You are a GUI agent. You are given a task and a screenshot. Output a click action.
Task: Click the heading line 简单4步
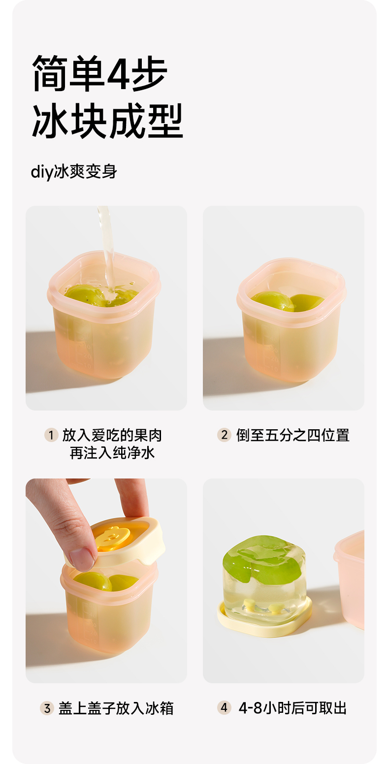(99, 73)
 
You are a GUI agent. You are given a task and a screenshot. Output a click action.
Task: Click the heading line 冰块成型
(107, 121)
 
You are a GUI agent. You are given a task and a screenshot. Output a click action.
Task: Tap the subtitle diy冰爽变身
(74, 172)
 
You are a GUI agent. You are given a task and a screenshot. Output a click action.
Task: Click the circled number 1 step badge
(51, 435)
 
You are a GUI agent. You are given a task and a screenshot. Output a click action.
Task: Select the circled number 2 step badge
(224, 435)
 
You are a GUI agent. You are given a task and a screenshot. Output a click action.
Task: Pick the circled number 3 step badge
(47, 708)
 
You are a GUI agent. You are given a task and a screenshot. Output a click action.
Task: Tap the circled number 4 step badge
(224, 708)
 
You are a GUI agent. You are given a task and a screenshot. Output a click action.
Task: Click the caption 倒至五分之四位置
(293, 435)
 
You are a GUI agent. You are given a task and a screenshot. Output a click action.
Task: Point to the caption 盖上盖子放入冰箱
(116, 708)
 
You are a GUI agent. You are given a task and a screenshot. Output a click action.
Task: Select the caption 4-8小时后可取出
(292, 708)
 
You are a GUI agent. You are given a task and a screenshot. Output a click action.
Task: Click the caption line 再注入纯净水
(112, 453)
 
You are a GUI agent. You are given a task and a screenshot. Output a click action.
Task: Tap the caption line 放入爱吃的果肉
(112, 435)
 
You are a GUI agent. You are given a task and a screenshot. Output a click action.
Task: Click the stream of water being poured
(107, 249)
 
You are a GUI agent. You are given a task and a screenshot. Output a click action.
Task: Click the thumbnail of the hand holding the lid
(106, 580)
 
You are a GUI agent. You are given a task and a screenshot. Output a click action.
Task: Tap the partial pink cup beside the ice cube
(350, 580)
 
